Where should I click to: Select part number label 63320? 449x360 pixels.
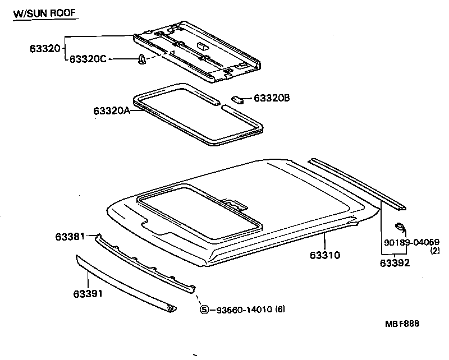point(44,49)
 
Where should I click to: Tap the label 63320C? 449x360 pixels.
point(88,59)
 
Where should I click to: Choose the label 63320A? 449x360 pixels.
point(112,110)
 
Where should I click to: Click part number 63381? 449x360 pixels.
point(70,237)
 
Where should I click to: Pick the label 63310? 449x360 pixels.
point(325,255)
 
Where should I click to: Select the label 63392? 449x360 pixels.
point(394,262)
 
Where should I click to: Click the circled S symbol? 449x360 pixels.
point(204,309)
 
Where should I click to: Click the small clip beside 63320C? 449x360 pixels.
point(142,60)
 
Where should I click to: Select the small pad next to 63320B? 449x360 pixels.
point(238,99)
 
